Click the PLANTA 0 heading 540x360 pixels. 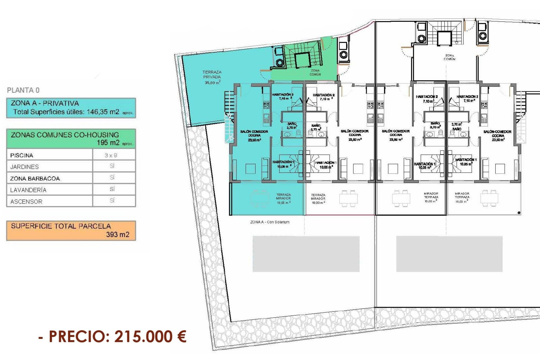23,90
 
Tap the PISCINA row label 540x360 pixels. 22,155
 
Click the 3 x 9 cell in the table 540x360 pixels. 111,155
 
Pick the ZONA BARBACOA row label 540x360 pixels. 35,179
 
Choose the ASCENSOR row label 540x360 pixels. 26,202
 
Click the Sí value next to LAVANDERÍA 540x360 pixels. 112,189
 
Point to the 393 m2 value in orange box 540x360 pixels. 118,235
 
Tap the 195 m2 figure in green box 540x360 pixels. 108,143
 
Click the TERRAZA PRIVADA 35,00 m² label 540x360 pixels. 212,77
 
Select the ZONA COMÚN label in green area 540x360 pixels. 315,73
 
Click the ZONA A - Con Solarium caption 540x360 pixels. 270,222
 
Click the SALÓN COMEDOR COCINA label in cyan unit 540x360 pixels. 254,135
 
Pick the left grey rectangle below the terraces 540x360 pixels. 306,254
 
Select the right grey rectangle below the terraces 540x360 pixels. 449,254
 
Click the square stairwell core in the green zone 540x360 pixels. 303,60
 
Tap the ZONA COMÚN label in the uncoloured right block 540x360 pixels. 449,57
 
